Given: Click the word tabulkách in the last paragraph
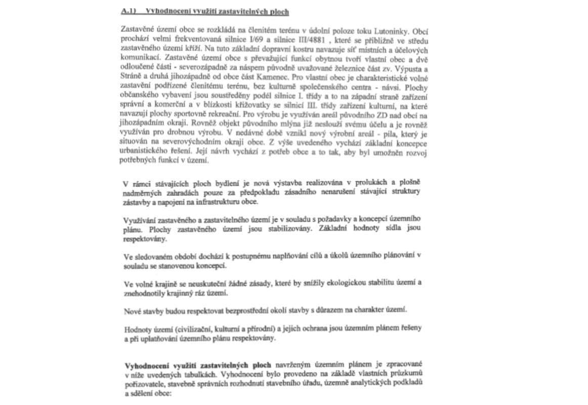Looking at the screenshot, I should [217, 375].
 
